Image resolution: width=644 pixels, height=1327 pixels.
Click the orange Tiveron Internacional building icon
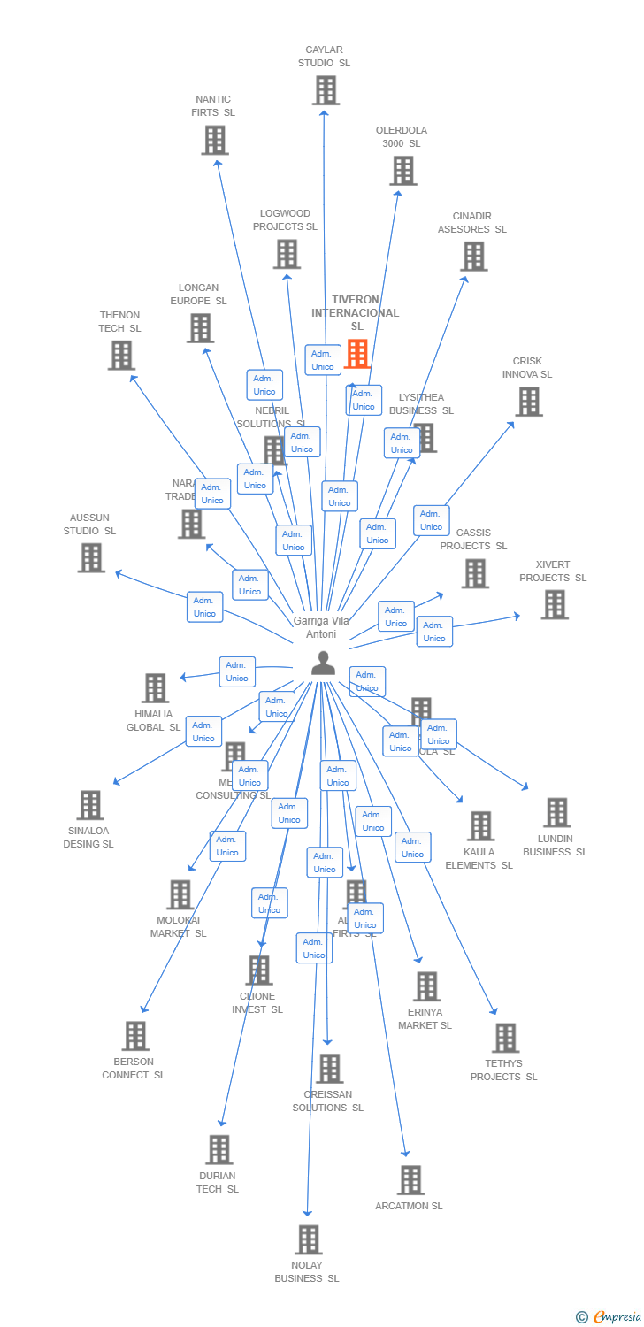click(356, 354)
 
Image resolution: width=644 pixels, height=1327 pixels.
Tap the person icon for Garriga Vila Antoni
click(324, 663)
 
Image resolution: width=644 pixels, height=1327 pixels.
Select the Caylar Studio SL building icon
click(326, 90)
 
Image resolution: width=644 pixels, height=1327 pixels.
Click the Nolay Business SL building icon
click(308, 1239)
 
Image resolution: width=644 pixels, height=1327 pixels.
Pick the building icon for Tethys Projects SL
click(505, 1038)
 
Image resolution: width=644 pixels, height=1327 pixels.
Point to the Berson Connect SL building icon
click(135, 1036)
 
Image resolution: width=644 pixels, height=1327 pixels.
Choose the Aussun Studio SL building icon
click(90, 557)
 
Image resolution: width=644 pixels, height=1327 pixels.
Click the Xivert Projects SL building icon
click(555, 604)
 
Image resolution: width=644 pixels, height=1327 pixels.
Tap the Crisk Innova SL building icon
click(529, 401)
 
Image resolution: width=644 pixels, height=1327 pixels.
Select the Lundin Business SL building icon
click(556, 812)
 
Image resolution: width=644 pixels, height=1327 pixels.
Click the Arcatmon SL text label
click(409, 1206)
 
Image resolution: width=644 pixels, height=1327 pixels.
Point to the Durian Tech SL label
click(218, 1182)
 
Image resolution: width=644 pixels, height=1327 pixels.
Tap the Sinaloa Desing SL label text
click(88, 837)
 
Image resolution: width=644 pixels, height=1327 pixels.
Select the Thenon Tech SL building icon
click(121, 355)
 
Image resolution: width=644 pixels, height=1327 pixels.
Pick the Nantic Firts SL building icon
click(215, 140)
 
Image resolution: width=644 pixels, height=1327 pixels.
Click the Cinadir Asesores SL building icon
click(474, 257)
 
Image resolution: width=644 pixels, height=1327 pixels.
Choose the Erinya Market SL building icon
click(426, 986)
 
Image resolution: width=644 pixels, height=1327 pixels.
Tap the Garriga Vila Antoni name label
click(321, 627)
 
